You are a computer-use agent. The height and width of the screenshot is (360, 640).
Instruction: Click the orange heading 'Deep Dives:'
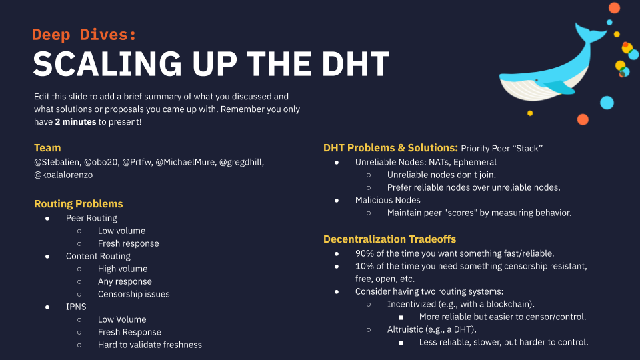84,35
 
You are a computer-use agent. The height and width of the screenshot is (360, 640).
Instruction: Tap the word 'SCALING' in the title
107,64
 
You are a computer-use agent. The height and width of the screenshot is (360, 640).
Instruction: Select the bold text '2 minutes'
75,121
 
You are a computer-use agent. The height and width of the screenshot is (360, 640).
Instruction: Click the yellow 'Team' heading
47,148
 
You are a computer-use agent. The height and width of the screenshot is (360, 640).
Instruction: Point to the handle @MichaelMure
185,162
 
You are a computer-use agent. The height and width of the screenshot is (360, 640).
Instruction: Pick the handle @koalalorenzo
63,175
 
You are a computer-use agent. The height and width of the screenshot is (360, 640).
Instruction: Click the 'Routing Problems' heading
79,204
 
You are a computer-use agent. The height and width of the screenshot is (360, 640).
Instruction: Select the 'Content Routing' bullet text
99,256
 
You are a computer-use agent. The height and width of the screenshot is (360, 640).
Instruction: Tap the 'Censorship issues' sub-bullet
133,294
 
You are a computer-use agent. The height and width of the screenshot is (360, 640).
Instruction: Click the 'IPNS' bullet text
76,307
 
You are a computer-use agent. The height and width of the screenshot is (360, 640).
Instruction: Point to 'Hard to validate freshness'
150,345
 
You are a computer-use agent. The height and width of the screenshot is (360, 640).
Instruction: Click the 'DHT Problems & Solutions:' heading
391,148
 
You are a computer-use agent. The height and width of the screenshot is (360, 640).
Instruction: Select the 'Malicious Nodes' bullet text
388,200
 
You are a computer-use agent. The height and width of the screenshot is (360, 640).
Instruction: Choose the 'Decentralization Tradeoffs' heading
390,239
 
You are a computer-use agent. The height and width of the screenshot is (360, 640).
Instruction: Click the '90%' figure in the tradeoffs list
365,253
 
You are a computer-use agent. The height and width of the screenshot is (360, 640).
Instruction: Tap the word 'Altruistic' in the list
405,329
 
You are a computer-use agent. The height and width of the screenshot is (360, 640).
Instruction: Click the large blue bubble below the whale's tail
607,103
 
